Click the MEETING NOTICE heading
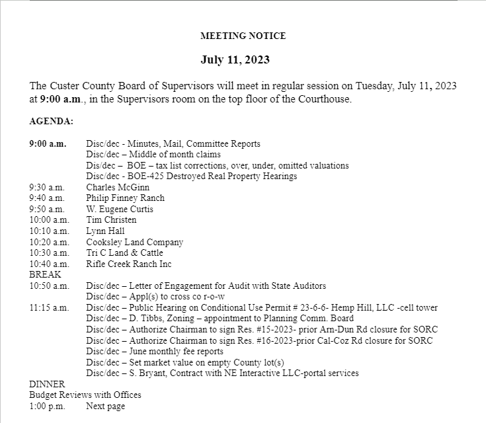pyautogui.click(x=243, y=36)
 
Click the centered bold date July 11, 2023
pyautogui.click(x=235, y=60)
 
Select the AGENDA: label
pyautogui.click(x=52, y=122)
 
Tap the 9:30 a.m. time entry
pyautogui.click(x=47, y=187)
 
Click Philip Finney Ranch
pyautogui.click(x=125, y=198)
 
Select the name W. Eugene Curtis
pyautogui.click(x=120, y=209)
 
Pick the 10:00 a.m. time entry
pyautogui.click(x=49, y=219)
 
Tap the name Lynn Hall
pyautogui.click(x=105, y=231)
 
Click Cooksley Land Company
pyautogui.click(x=134, y=242)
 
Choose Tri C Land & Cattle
pyautogui.click(x=124, y=252)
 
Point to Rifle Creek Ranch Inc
pyautogui.click(x=128, y=264)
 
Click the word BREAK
pyautogui.click(x=45, y=274)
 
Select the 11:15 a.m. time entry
pyautogui.click(x=49, y=307)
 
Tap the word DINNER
pyautogui.click(x=47, y=384)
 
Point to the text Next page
pyautogui.click(x=105, y=406)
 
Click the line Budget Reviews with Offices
pyautogui.click(x=85, y=395)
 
